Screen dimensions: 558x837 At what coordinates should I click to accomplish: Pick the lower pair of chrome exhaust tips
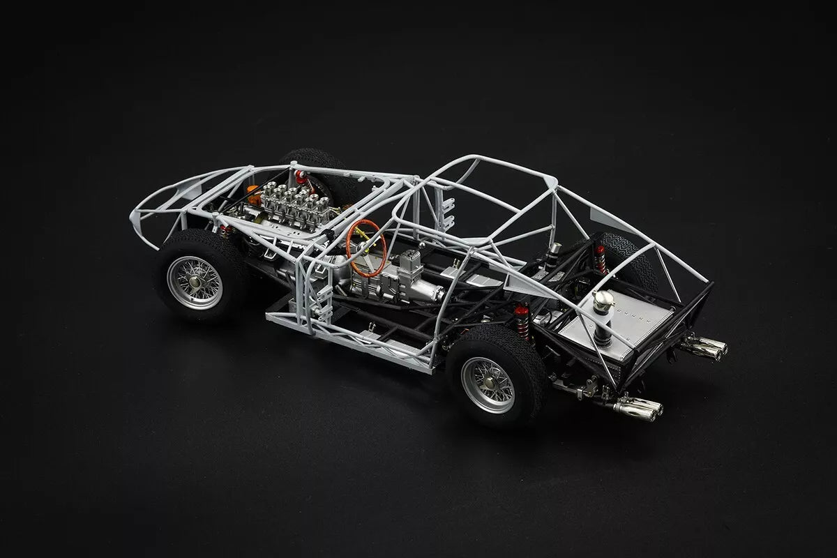coord(639,409)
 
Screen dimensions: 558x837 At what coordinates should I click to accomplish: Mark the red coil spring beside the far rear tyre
coord(600,259)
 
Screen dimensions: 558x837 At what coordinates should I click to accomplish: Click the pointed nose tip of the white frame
coord(133,216)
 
